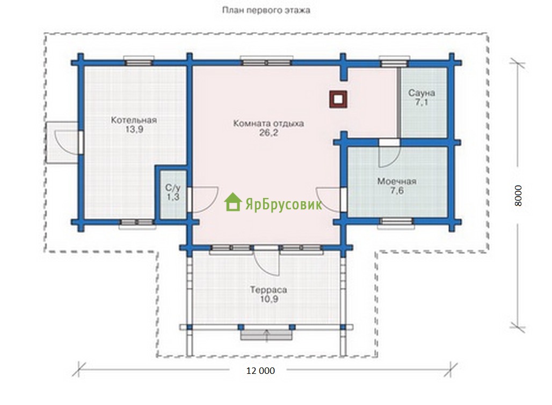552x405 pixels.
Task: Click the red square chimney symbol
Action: [x=338, y=99]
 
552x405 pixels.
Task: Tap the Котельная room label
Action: [x=134, y=120]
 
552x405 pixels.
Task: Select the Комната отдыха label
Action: [x=268, y=123]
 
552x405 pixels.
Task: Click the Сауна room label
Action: [x=422, y=93]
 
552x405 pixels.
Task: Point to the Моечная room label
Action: [x=397, y=181]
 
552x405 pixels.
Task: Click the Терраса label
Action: [x=268, y=290]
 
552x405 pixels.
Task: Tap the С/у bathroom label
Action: [x=173, y=187]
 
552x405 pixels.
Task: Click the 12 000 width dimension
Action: [x=260, y=371]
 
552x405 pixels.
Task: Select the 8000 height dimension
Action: [x=518, y=195]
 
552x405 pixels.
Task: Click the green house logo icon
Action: [x=233, y=202]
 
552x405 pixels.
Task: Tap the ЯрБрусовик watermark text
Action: [x=284, y=204]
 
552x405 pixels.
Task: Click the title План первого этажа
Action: [x=266, y=10]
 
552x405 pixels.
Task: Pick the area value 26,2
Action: [x=268, y=132]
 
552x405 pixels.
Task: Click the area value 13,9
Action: [x=134, y=129]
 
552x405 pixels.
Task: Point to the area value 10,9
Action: [x=268, y=299]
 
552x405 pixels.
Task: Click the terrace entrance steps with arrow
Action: [x=266, y=335]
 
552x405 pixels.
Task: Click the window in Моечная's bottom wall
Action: [x=396, y=222]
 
